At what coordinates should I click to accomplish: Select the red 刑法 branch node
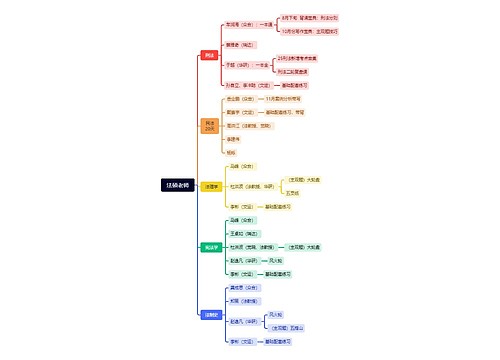click(x=209, y=56)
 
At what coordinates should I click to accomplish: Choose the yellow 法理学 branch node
click(x=211, y=186)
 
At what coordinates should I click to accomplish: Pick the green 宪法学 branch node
click(x=210, y=247)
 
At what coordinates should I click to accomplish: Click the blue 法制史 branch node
click(x=210, y=314)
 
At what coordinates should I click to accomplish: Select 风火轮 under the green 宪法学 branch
click(x=276, y=260)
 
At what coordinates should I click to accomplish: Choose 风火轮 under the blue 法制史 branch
click(x=275, y=314)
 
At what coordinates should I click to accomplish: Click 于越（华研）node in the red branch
click(x=242, y=65)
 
